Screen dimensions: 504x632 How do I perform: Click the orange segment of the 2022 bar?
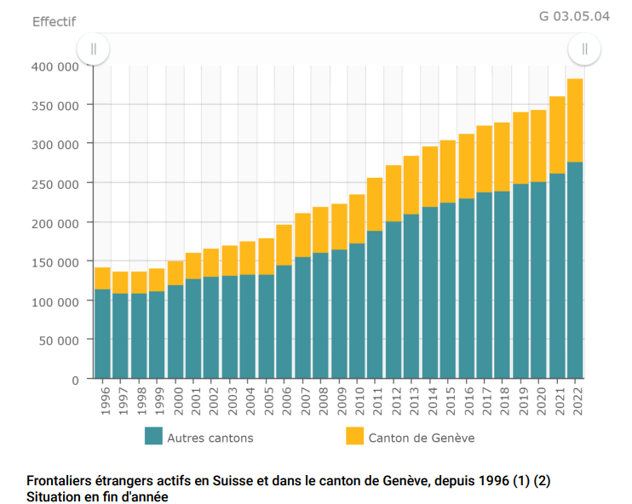[575, 120]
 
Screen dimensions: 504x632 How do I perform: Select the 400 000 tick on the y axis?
[56, 66]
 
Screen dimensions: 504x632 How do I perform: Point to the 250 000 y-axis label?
[56, 184]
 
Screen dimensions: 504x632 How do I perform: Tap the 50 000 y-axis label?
[60, 340]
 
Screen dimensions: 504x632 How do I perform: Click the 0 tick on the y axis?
[75, 379]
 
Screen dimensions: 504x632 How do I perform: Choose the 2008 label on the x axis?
[321, 400]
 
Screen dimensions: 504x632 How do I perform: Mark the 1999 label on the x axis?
[158, 400]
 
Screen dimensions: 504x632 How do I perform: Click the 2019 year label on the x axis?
[521, 400]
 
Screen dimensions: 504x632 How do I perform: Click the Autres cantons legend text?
[210, 438]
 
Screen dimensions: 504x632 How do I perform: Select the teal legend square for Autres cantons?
[153, 436]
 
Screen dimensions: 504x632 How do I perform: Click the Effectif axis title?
[55, 21]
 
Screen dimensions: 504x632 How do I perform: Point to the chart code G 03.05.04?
[574, 16]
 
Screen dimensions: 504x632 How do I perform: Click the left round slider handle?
[94, 49]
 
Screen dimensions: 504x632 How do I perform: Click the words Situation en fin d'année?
[97, 495]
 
